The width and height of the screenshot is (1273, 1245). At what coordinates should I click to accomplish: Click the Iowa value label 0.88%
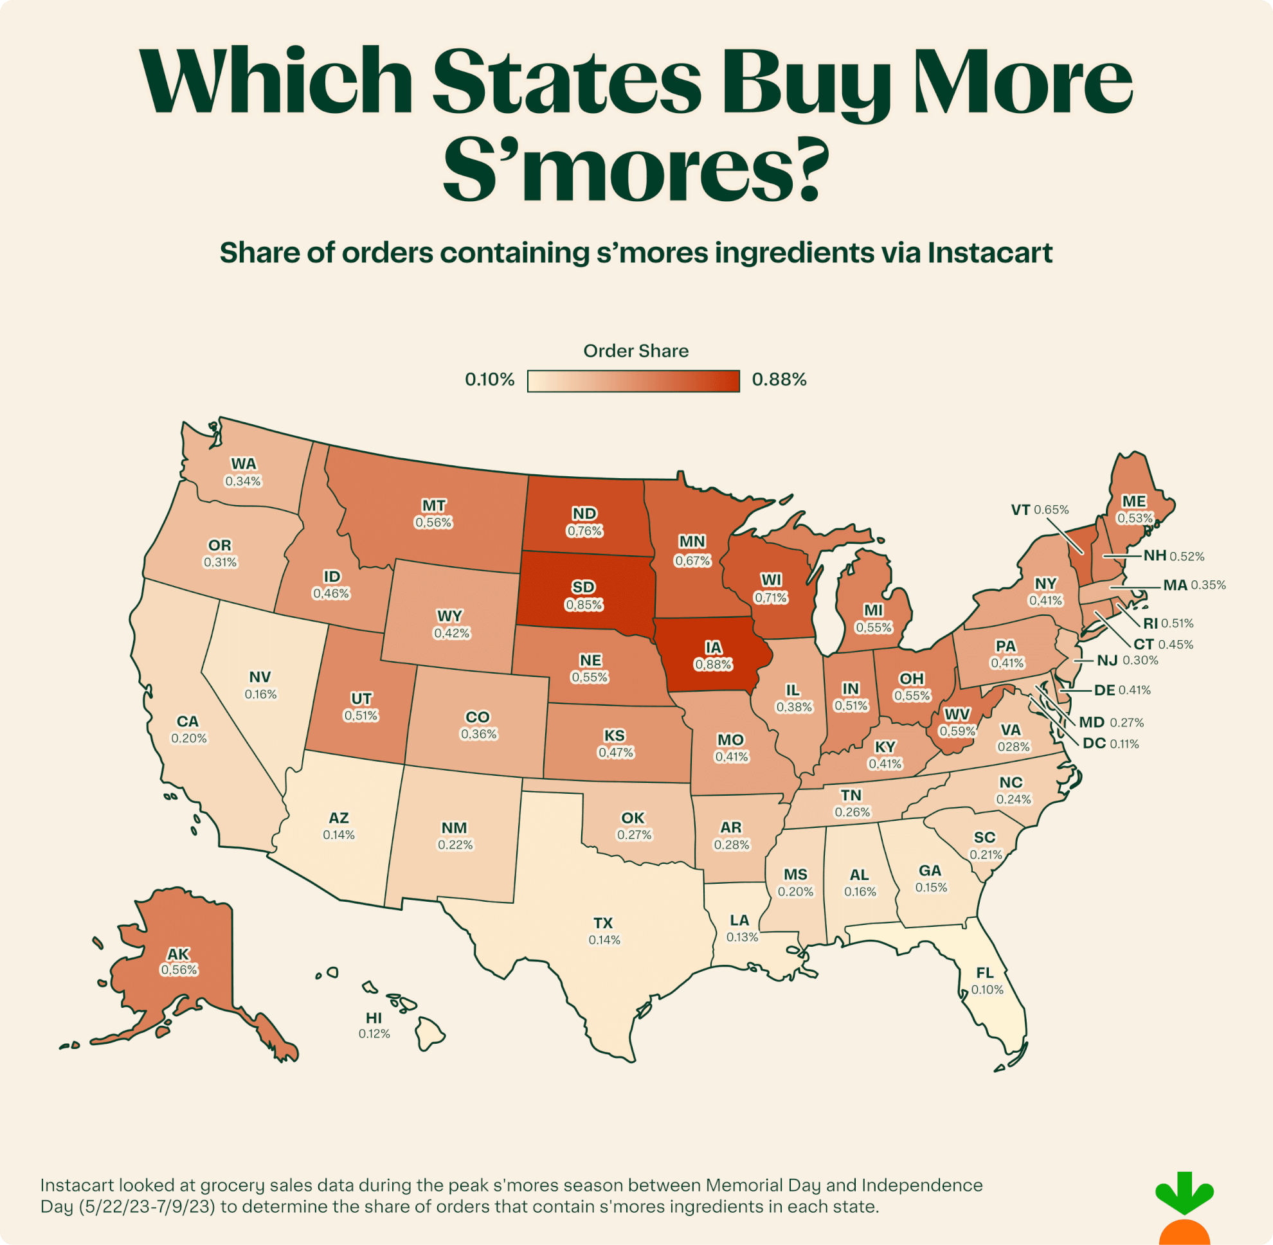tap(713, 665)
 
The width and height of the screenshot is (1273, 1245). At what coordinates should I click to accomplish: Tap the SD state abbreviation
tap(583, 587)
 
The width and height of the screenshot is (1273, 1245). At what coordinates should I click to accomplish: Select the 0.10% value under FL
tap(987, 989)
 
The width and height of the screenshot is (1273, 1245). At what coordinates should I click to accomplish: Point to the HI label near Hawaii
tap(374, 1017)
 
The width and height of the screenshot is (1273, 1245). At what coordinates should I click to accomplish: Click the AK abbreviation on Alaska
tap(178, 954)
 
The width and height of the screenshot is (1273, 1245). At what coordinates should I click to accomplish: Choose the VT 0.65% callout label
tap(1040, 510)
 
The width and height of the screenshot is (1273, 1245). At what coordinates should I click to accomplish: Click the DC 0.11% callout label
tap(1110, 744)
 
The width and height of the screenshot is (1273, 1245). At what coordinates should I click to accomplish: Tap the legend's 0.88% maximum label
tap(779, 379)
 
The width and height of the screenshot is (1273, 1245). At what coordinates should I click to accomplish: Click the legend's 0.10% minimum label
tap(489, 379)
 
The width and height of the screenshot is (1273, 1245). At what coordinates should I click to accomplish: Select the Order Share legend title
tap(636, 351)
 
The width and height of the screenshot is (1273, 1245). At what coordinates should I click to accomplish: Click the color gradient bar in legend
tap(633, 381)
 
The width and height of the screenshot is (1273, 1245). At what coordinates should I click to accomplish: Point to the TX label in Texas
tap(602, 922)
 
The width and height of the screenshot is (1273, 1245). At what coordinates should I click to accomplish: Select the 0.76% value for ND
tap(584, 531)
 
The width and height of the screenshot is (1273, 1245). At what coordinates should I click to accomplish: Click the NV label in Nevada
tap(260, 677)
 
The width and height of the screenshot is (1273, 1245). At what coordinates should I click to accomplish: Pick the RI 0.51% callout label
tap(1168, 623)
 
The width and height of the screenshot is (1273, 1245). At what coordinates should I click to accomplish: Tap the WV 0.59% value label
tap(957, 731)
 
